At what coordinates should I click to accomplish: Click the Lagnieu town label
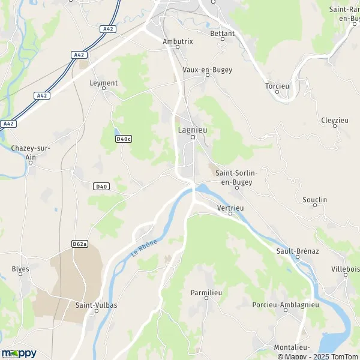[193, 128]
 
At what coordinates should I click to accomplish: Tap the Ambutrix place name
[178, 41]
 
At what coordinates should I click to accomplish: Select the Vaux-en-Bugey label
[207, 70]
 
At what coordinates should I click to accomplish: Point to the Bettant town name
[222, 34]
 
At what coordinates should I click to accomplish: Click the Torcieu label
[277, 86]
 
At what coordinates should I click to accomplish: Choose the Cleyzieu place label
[335, 120]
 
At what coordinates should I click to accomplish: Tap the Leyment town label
[103, 83]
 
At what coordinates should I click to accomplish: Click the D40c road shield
[123, 139]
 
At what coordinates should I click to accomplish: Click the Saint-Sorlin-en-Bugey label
[236, 177]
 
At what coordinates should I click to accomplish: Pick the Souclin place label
[315, 200]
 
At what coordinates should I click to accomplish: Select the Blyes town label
[20, 269]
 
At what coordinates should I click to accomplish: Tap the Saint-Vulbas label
[96, 305]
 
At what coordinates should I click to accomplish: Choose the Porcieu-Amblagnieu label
[281, 305]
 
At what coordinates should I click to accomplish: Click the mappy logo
[19, 353]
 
